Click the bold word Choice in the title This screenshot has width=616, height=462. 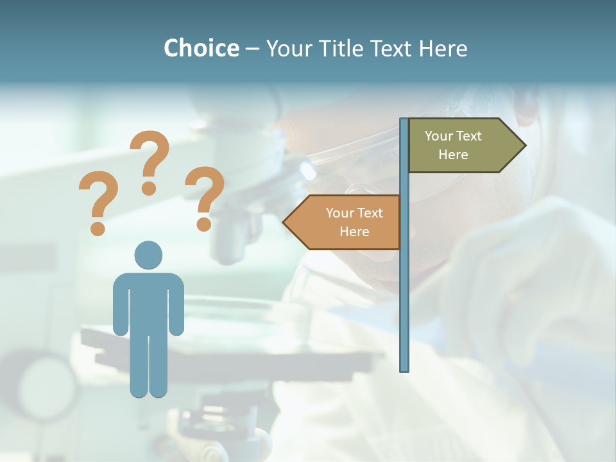pyautogui.click(x=201, y=48)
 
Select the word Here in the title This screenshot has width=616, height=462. pyautogui.click(x=443, y=48)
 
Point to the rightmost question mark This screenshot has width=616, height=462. pyautogui.click(x=204, y=196)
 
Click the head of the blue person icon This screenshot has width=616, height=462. pyautogui.click(x=148, y=255)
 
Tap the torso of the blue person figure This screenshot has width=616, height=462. pyautogui.click(x=148, y=302)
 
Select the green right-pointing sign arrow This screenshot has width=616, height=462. pyautogui.click(x=462, y=146)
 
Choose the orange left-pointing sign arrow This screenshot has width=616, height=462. pyautogui.click(x=346, y=222)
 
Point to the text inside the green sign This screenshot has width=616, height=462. pyautogui.click(x=453, y=145)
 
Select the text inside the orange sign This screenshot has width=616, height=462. pyautogui.click(x=354, y=222)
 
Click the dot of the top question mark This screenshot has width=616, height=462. pyautogui.click(x=150, y=188)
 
